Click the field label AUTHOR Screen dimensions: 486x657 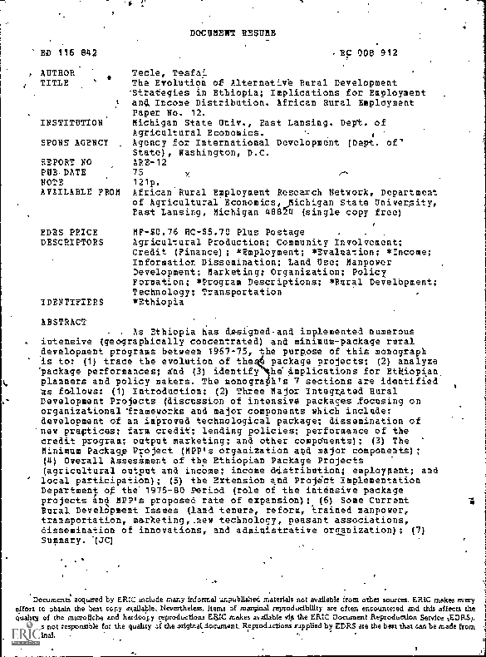(58, 73)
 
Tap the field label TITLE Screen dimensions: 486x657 (55, 83)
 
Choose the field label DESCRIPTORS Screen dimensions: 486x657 (71, 242)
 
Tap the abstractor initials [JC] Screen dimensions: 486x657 (96, 540)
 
